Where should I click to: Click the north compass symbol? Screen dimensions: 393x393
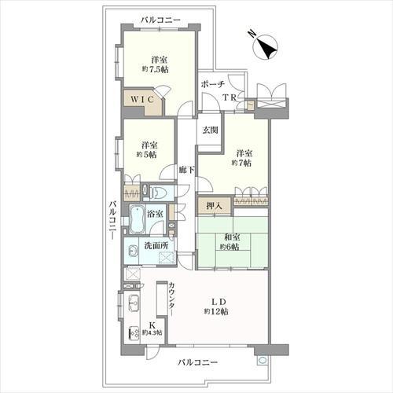(x=266, y=46)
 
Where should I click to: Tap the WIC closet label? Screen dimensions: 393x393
(x=141, y=99)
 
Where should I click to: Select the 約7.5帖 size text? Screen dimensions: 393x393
(x=155, y=70)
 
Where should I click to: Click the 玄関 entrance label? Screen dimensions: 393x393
(x=210, y=130)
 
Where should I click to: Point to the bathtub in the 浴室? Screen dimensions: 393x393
(x=137, y=220)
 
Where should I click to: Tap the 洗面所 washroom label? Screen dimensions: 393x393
(x=156, y=246)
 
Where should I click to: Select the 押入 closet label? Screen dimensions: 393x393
(x=215, y=206)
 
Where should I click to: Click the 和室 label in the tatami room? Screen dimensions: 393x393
(x=232, y=237)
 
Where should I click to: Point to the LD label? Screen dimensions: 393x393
(x=219, y=302)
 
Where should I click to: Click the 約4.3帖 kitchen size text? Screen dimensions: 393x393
(x=152, y=332)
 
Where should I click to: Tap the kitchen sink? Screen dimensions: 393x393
(x=134, y=303)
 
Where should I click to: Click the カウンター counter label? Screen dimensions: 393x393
(x=171, y=299)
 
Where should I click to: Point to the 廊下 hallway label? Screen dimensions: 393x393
(x=187, y=170)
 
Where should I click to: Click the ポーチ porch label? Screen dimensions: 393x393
(x=213, y=84)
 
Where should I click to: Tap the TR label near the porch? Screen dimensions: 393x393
(x=230, y=97)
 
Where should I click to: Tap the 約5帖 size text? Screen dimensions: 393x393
(x=146, y=155)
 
